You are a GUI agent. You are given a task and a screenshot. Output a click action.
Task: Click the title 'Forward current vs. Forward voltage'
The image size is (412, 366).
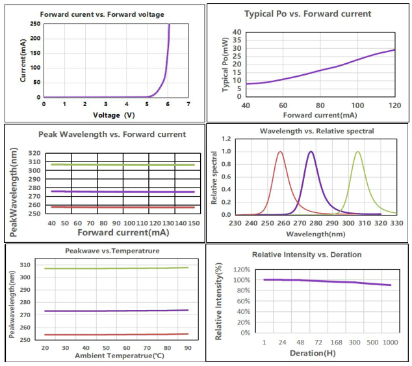[102, 14]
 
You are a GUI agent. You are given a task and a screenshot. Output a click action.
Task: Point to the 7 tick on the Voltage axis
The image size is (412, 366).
[188, 104]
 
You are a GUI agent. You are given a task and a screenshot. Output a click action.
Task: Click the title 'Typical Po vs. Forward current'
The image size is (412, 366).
[307, 13]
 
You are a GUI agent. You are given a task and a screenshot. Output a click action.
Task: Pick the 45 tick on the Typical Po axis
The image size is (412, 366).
[237, 24]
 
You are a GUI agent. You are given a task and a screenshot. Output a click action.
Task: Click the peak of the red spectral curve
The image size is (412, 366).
[280, 152]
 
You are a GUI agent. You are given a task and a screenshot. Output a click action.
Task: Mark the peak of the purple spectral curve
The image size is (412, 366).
[311, 152]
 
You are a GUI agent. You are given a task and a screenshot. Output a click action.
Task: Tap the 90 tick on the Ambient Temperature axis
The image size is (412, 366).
[188, 348]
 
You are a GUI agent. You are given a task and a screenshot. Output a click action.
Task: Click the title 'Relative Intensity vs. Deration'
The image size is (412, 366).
[306, 255]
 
